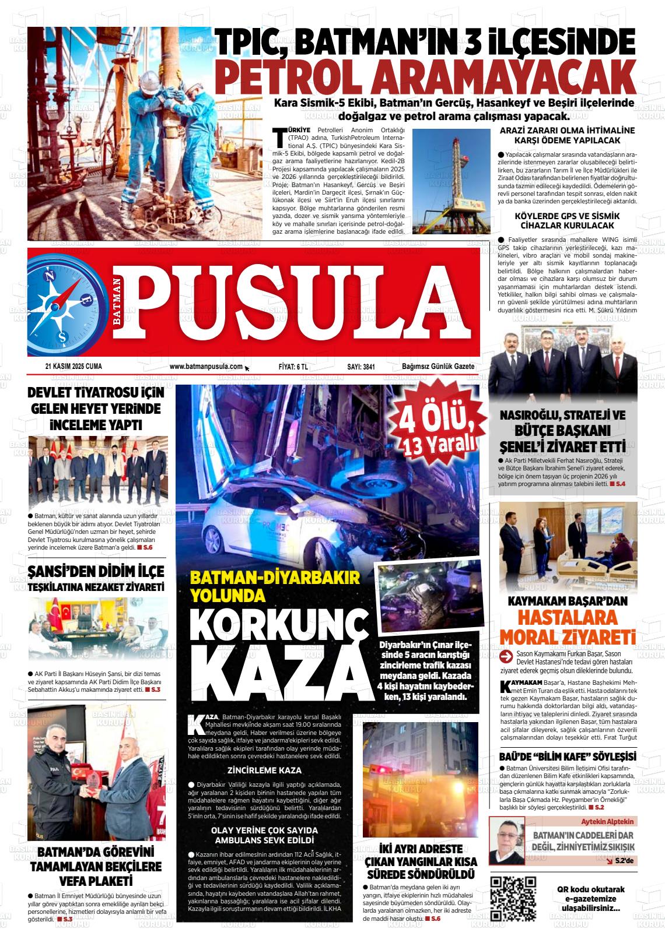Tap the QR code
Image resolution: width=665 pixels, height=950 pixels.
pyautogui.click(x=513, y=898)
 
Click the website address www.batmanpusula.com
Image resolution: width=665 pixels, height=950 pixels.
pyautogui.click(x=206, y=367)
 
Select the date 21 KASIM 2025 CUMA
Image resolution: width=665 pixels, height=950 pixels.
pyautogui.click(x=73, y=367)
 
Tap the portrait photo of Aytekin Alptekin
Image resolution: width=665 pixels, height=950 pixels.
pyautogui.click(x=506, y=841)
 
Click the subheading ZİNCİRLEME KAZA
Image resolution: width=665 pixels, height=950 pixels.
pyautogui.click(x=264, y=769)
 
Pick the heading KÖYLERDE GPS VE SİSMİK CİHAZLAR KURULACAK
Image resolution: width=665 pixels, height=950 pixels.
pyautogui.click(x=567, y=220)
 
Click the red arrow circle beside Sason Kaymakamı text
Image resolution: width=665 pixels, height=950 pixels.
pyautogui.click(x=506, y=657)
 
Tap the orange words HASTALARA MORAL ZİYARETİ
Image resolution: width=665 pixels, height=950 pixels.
pyautogui.click(x=567, y=625)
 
